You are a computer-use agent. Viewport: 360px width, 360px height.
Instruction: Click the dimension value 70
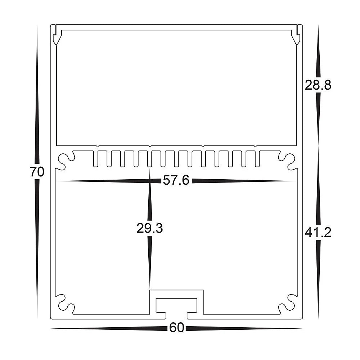pyautogui.click(x=37, y=172)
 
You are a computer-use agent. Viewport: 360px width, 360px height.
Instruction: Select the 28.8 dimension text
pyautogui.click(x=318, y=86)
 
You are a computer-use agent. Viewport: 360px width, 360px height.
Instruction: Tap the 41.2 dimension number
pyautogui.click(x=318, y=233)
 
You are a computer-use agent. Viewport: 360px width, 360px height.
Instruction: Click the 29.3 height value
pyautogui.click(x=149, y=228)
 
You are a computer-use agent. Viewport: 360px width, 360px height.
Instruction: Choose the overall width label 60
pyautogui.click(x=176, y=328)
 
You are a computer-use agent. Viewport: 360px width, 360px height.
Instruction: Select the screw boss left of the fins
pyautogui.click(x=65, y=161)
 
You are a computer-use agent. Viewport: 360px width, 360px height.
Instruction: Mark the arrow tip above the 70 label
pyautogui.click(x=37, y=27)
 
